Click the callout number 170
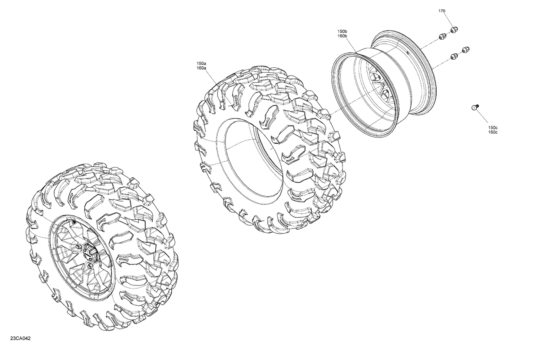tap(442, 11)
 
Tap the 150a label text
tap(201, 64)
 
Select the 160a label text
tap(201, 68)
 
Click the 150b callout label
tap(342, 31)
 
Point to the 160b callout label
tap(342, 36)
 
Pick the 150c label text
tap(493, 128)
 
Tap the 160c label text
tap(493, 132)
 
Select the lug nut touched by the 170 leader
tap(453, 30)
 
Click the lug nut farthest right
tap(466, 49)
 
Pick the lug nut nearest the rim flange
tap(442, 36)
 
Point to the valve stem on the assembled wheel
tap(73, 222)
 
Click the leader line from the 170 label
tap(447, 20)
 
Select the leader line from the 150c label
tap(484, 116)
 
